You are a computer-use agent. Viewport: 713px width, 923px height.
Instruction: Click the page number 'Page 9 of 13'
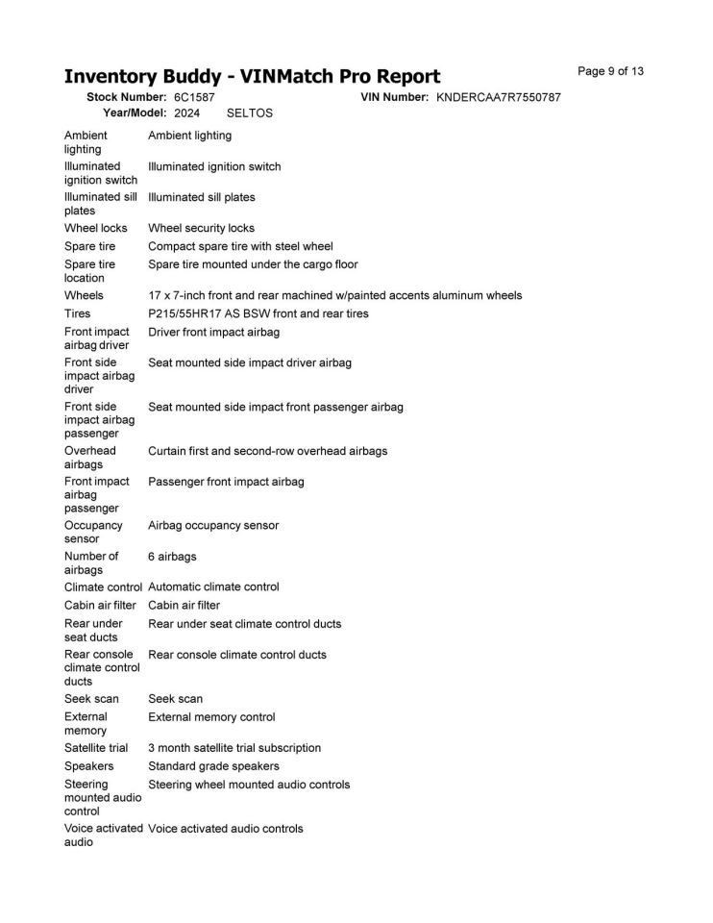pos(610,71)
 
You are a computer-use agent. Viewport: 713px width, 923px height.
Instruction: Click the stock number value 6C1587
pos(194,97)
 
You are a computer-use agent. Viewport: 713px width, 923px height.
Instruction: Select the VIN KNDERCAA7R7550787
pos(498,97)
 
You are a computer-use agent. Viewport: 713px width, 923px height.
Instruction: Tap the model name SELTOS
pos(250,112)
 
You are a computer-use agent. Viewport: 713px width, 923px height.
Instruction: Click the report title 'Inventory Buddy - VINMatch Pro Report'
pos(252,77)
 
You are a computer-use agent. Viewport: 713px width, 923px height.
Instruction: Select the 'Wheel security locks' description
pos(201,228)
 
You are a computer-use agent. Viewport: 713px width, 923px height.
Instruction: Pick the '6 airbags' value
pos(172,557)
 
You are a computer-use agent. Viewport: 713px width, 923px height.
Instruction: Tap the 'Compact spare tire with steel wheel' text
pos(240,246)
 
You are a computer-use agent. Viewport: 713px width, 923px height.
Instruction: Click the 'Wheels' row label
pos(84,295)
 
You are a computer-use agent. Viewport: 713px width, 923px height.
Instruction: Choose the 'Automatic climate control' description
pos(213,586)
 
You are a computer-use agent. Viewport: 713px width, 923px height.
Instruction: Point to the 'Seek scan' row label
pos(91,699)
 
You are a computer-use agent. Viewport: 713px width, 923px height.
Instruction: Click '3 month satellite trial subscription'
pos(234,748)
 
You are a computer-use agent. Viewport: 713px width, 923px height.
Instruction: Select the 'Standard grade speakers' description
pos(213,766)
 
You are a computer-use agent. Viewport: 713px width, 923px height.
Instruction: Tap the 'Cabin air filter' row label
pos(100,606)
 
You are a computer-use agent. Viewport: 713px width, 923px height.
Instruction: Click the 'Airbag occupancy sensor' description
pos(213,526)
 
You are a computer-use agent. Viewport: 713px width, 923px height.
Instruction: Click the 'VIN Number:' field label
pos(394,97)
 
